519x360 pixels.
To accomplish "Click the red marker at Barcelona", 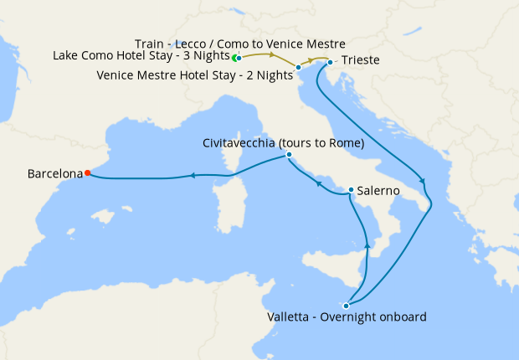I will coord(88,173).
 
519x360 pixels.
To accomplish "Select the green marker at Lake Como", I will coord(235,58).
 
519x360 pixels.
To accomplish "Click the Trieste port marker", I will coord(331,62).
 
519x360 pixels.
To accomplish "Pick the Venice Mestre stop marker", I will coord(299,66).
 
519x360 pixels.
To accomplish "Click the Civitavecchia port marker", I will coord(289,155).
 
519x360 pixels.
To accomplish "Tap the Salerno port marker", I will coord(351,190).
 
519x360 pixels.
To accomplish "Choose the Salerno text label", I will coord(378,191).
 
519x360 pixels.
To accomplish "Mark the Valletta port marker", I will coord(346,306).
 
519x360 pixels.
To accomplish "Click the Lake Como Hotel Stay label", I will coord(141,56).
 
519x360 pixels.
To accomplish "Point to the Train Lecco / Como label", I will coord(240,43).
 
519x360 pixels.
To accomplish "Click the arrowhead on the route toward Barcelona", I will coord(193,175).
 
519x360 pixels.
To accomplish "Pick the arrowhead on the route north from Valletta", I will coord(367,244).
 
